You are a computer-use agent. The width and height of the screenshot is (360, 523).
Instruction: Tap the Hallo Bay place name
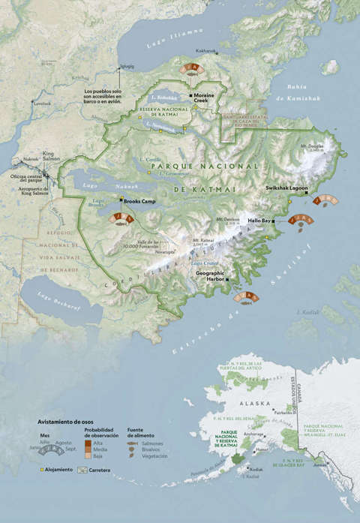click(x=259, y=221)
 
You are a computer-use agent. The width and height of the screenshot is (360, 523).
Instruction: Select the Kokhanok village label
click(x=205, y=51)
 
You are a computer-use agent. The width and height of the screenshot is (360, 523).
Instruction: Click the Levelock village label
click(x=43, y=103)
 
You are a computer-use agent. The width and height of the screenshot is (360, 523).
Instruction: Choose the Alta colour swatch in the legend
click(x=88, y=443)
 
